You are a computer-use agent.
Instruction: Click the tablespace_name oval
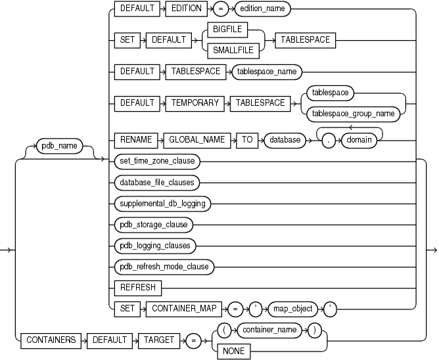click(x=267, y=70)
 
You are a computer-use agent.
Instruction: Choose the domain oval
click(x=360, y=140)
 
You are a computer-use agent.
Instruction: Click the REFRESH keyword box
click(x=136, y=287)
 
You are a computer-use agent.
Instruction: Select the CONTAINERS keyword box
click(x=49, y=340)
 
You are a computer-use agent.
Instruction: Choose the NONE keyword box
click(x=233, y=351)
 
